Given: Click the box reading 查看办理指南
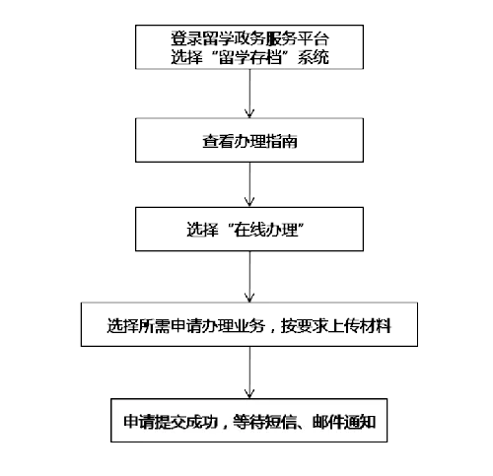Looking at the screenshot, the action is pyautogui.click(x=249, y=140).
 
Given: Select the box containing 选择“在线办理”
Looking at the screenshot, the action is pyautogui.click(x=249, y=229).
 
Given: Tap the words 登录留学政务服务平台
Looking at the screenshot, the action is pyautogui.click(x=249, y=38).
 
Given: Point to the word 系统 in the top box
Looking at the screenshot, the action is pyautogui.click(x=314, y=57).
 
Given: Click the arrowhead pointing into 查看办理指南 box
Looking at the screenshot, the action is pyautogui.click(x=249, y=113).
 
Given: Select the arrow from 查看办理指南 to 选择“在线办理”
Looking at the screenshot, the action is pyautogui.click(x=249, y=184).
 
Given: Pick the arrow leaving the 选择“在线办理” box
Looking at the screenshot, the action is pyautogui.click(x=249, y=277).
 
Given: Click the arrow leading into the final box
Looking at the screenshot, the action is pyautogui.click(x=249, y=373).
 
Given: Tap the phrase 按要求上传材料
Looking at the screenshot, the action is pyautogui.click(x=336, y=326).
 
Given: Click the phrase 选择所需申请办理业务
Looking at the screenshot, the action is pyautogui.click(x=185, y=326).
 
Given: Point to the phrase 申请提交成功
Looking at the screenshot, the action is pyautogui.click(x=171, y=422).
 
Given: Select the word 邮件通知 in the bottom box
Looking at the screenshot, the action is pyautogui.click(x=344, y=422).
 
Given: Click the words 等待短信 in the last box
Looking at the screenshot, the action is pyautogui.click(x=264, y=422).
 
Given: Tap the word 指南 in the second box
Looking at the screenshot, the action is pyautogui.click(x=281, y=141).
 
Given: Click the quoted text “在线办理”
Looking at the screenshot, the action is pyautogui.click(x=265, y=230).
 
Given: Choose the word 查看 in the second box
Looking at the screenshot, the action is pyautogui.click(x=218, y=141).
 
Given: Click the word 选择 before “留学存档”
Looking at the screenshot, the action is pyautogui.click(x=186, y=57).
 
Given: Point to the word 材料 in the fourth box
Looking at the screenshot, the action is pyautogui.click(x=376, y=326).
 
